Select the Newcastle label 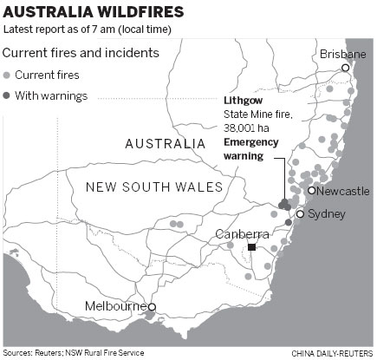click(x=344, y=191)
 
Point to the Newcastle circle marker click(x=312, y=191)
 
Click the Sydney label click(x=327, y=213)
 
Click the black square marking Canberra click(x=251, y=248)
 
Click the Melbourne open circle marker click(x=152, y=307)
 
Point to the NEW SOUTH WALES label click(x=153, y=187)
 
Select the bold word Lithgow click(x=243, y=101)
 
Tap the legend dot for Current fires click(x=8, y=75)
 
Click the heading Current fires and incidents click(x=81, y=52)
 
